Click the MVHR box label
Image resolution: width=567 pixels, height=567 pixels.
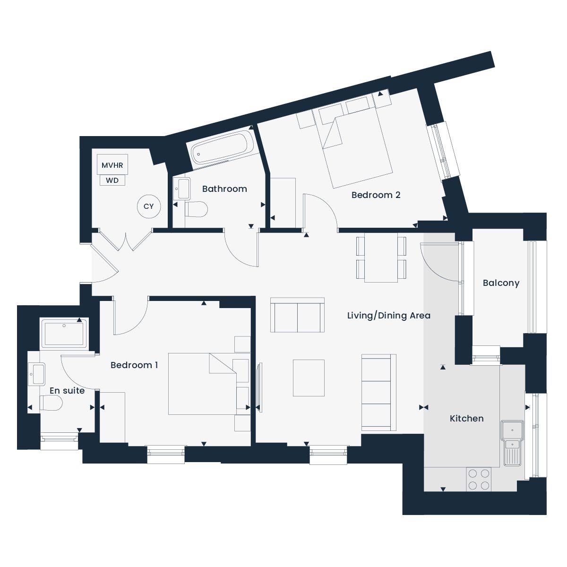112,165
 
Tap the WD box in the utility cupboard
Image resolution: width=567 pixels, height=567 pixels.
112,180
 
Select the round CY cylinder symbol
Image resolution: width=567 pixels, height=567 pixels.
149,206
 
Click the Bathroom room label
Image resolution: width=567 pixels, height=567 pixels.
224,189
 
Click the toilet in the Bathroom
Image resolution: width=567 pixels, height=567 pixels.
196,209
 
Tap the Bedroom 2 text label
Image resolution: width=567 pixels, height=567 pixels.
376,195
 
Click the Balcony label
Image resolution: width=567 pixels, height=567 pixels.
501,283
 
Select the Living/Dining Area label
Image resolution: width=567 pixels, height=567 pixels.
389,316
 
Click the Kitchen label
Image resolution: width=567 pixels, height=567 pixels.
467,419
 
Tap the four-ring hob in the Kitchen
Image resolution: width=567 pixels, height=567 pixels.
479,479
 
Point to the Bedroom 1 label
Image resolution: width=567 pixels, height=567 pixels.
134,365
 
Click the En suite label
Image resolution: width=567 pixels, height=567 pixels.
67,391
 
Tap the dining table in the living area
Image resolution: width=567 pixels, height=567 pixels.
381,258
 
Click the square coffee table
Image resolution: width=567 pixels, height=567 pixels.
309,378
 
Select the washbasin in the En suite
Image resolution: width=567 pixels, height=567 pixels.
37,374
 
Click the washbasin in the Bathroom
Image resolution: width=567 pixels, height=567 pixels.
182,189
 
